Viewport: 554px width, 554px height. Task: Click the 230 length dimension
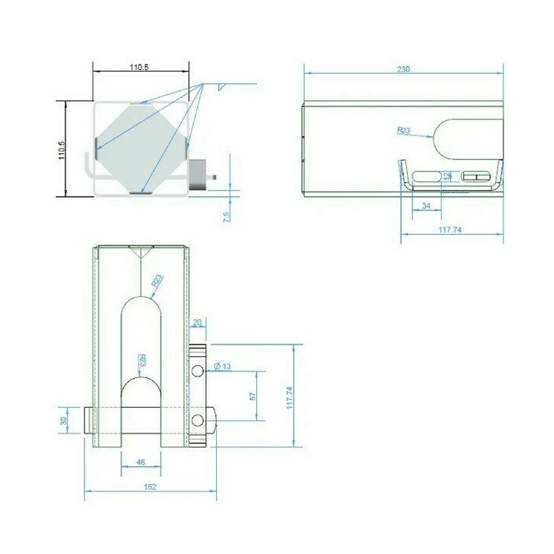[403, 69]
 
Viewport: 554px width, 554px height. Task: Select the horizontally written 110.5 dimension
[139, 67]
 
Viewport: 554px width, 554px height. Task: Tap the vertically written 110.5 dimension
[62, 150]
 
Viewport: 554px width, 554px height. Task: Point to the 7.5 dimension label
[226, 216]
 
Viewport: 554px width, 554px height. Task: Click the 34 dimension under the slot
[426, 205]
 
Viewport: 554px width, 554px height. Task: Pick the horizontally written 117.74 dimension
[450, 229]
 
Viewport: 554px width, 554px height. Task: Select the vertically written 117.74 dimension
[289, 398]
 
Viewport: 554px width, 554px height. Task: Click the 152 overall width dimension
[150, 487]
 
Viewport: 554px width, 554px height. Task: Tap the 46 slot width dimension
[140, 462]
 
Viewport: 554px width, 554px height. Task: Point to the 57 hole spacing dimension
[252, 396]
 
